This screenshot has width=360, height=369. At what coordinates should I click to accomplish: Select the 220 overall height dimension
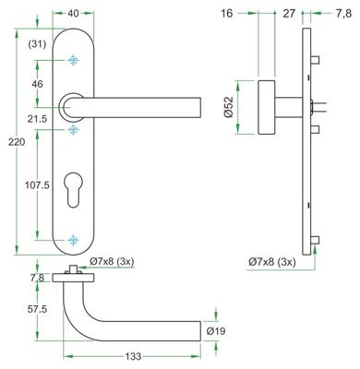(9, 144)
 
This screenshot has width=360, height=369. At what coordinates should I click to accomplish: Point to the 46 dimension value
(39, 84)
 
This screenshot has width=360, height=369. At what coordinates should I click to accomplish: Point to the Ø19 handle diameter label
(217, 330)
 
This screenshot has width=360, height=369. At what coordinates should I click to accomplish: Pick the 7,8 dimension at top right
(342, 14)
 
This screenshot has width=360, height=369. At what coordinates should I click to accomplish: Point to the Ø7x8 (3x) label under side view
(272, 263)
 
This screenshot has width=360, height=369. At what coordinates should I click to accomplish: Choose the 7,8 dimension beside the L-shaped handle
(38, 277)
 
